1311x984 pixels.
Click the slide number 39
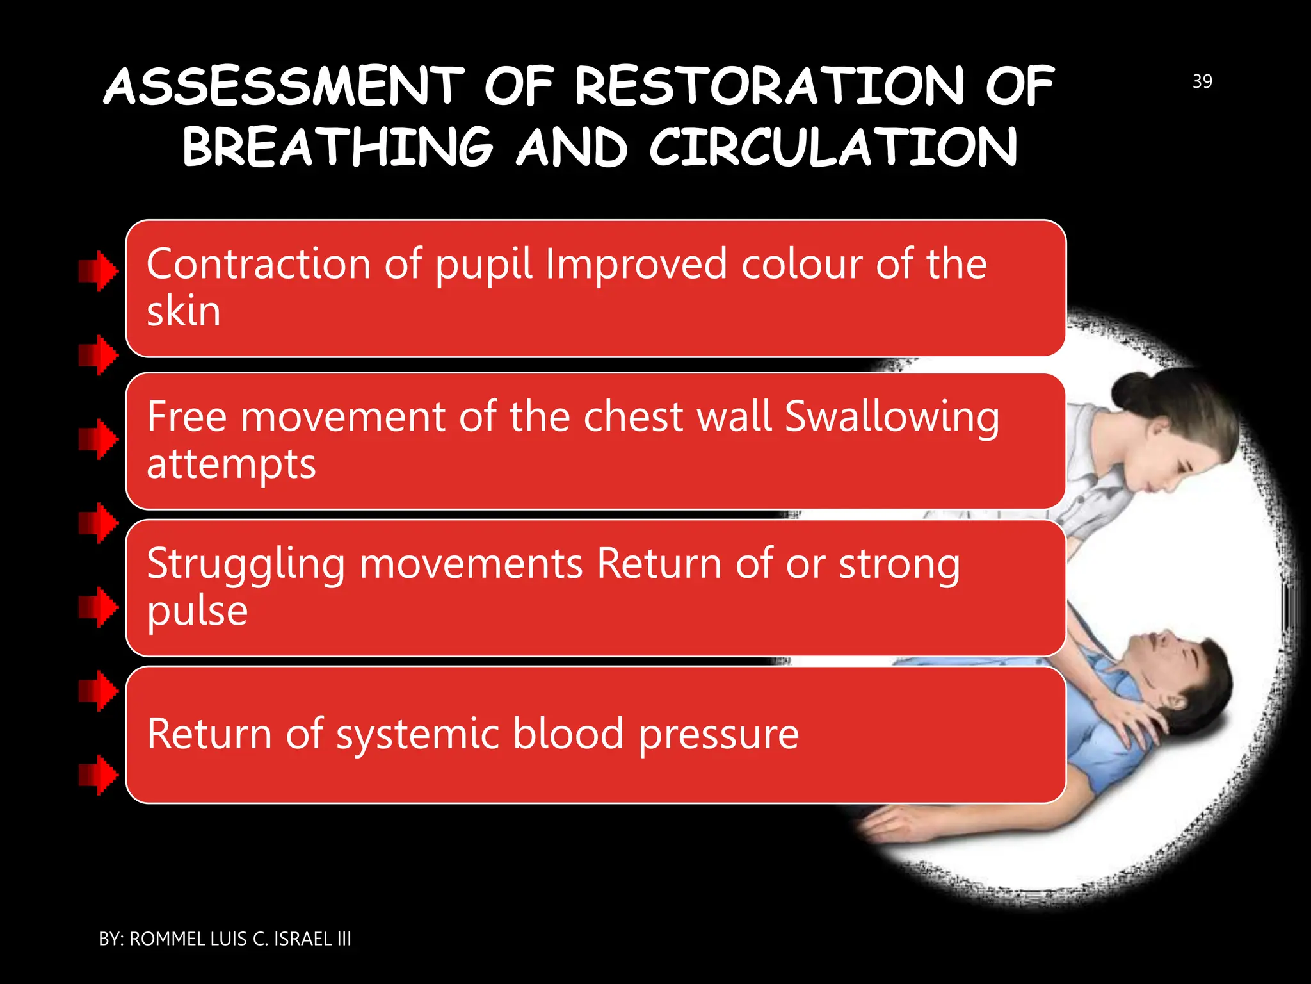(1202, 81)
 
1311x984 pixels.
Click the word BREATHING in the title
(337, 147)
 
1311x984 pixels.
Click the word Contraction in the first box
(258, 264)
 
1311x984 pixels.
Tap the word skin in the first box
(184, 312)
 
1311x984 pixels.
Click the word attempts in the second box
(231, 464)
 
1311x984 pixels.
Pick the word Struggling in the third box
(246, 565)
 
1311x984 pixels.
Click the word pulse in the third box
(197, 611)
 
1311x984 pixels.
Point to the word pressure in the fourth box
(718, 734)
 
